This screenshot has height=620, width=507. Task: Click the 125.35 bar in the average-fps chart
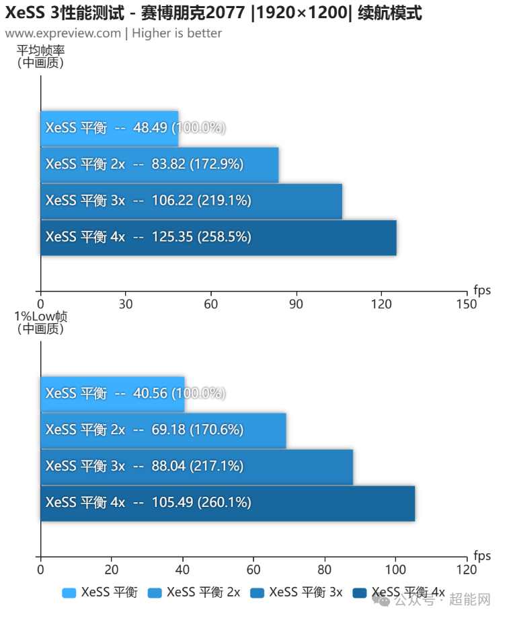219,238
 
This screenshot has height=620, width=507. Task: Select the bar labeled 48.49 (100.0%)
110,129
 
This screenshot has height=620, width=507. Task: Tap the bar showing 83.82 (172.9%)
159,165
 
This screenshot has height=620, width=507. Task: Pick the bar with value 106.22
192,201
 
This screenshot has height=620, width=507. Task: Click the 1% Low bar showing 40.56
112,394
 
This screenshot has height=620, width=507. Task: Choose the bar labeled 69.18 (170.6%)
163,431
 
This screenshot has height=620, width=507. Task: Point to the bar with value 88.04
196,467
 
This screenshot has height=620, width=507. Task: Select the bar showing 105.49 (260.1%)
228,504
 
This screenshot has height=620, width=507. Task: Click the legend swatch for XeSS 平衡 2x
155,592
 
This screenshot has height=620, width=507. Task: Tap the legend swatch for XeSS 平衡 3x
257,592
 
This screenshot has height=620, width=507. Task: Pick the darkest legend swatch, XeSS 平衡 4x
359,592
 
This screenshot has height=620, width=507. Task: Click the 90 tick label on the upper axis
296,304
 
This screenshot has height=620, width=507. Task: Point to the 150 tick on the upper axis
467,304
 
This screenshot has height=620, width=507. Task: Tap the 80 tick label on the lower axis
325,570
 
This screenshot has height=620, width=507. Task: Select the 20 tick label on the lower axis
112,570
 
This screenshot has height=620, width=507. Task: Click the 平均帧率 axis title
40,50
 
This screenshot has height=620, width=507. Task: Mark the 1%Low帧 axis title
40,316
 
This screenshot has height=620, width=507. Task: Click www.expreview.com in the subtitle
63,33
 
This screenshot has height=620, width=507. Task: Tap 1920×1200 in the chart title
302,13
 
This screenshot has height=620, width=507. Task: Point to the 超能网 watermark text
470,599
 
